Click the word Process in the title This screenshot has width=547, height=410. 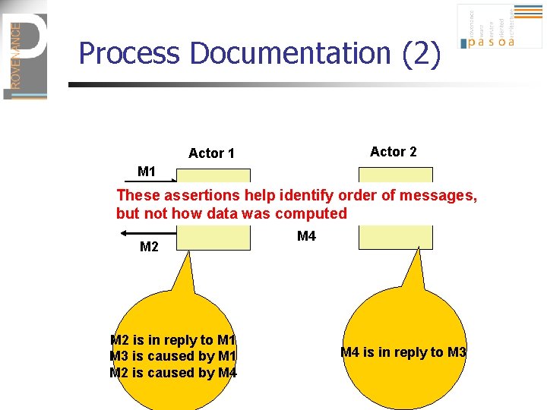tap(130, 54)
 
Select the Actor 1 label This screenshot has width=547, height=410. tap(211, 153)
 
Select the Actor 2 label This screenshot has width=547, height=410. tap(393, 152)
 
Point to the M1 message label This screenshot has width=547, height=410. tap(147, 172)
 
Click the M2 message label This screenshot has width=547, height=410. tap(149, 247)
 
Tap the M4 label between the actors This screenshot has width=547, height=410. tap(306, 237)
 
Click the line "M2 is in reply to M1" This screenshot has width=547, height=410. tap(173, 340)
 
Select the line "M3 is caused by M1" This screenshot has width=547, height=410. tap(173, 356)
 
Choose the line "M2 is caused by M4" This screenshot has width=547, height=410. tap(173, 372)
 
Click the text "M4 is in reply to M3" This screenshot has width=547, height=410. tap(403, 352)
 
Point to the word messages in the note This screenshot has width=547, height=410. tap(446, 195)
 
